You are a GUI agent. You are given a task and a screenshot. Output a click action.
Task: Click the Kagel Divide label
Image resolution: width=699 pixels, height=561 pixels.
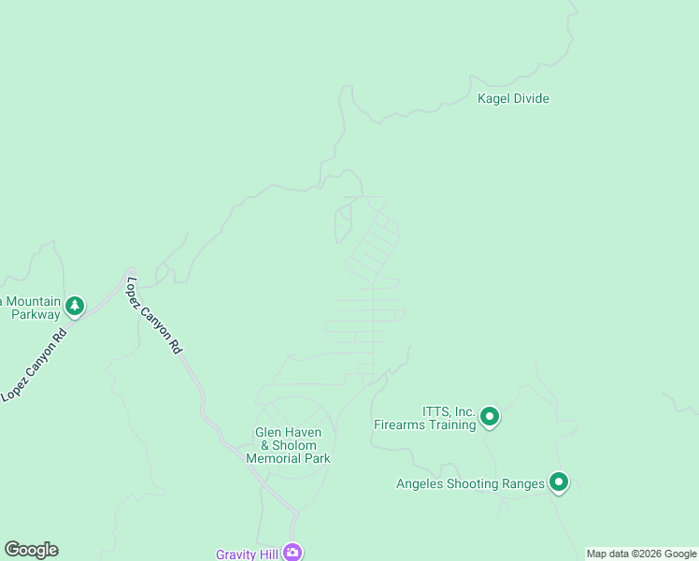(513, 98)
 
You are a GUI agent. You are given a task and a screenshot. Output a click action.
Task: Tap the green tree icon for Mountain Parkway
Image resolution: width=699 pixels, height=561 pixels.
(75, 305)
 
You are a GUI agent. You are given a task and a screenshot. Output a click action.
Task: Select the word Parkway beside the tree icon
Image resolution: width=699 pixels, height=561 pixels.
(36, 315)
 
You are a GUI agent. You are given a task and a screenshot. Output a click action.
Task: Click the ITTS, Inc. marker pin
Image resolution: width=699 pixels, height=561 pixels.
(489, 416)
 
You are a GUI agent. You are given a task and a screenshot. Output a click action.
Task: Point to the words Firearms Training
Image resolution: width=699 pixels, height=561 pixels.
(425, 424)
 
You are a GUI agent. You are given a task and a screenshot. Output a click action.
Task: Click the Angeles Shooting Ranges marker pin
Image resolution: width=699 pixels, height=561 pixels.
(559, 482)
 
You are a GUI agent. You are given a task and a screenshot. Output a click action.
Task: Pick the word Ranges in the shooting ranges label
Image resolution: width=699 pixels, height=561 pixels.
(522, 483)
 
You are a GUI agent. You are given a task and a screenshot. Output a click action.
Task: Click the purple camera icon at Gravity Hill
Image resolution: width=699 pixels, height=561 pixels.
(292, 553)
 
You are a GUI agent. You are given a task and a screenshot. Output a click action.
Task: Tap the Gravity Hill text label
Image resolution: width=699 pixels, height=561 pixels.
(248, 554)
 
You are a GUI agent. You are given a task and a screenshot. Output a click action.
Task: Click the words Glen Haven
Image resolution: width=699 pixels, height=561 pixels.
(288, 433)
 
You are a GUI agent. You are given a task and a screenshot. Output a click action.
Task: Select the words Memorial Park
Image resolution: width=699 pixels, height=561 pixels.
(288, 458)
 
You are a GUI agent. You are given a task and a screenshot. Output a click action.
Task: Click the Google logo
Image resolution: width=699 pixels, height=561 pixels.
(31, 550)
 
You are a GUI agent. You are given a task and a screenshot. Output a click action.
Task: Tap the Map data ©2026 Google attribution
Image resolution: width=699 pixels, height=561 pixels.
(642, 554)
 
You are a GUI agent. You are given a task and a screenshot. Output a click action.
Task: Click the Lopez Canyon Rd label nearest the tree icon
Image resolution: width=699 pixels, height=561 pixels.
(34, 366)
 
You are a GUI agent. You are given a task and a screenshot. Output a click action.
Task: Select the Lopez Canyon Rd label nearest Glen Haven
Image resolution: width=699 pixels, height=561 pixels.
(153, 314)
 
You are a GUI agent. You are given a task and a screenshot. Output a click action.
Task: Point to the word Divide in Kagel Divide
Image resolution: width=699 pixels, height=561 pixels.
(531, 98)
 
